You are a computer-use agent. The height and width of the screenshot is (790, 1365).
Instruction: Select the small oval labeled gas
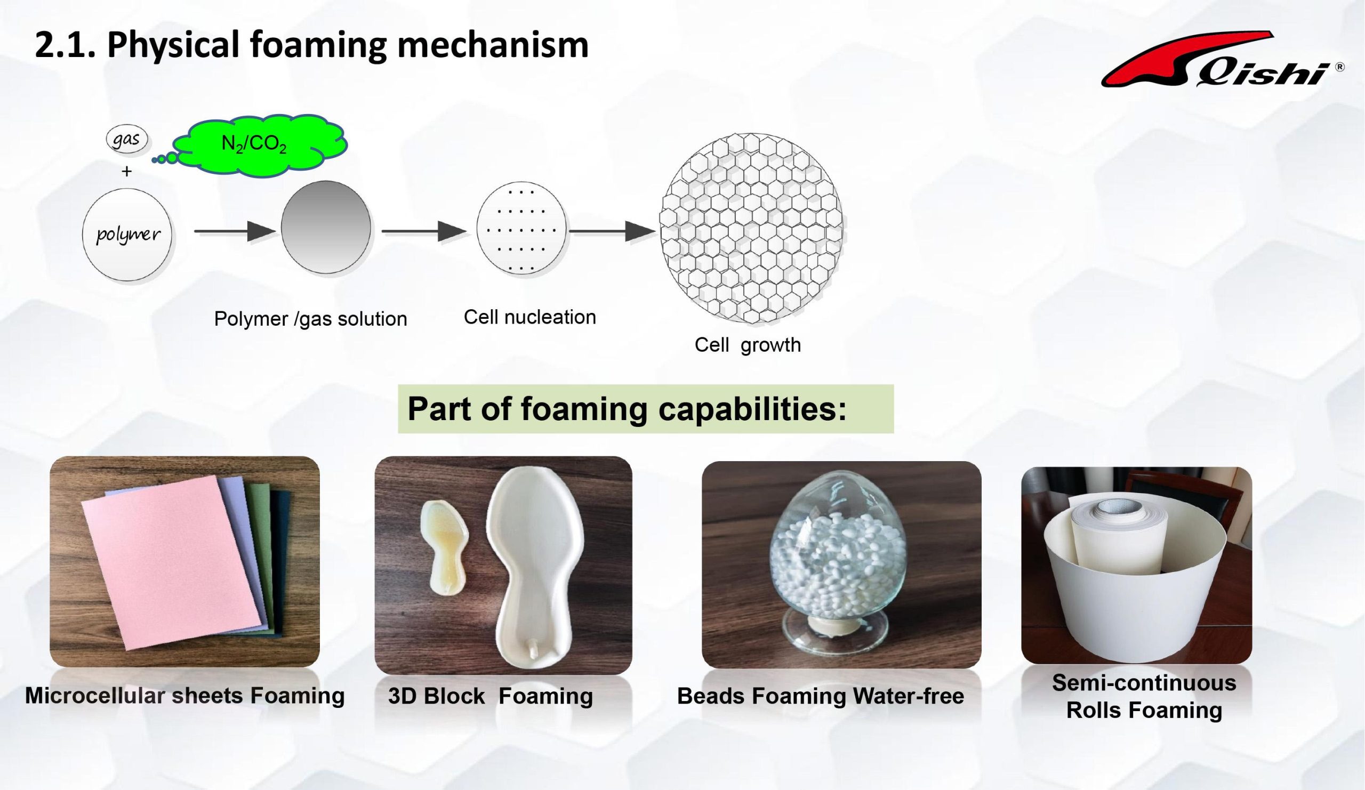(x=127, y=139)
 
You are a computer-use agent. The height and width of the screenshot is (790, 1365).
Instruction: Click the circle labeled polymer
(x=127, y=234)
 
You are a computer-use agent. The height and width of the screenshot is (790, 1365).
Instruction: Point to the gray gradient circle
(x=326, y=227)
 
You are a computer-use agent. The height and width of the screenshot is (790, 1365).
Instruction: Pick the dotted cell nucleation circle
(x=521, y=229)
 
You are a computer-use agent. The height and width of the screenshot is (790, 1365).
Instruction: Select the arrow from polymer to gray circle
(x=235, y=232)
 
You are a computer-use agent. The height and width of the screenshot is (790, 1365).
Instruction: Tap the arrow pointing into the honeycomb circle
(x=612, y=232)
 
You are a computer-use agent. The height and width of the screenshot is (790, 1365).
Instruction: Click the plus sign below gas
(x=127, y=172)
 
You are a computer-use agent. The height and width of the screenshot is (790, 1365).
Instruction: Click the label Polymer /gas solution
(x=310, y=319)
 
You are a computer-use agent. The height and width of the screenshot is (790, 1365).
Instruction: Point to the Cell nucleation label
(x=530, y=317)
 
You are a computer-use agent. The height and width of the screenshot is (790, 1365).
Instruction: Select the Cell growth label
(x=748, y=345)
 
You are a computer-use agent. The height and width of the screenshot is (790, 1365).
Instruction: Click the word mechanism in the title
(x=493, y=44)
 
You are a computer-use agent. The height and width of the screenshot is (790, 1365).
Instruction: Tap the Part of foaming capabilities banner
(x=646, y=409)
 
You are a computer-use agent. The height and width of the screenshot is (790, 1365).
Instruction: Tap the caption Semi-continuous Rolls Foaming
(x=1144, y=696)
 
